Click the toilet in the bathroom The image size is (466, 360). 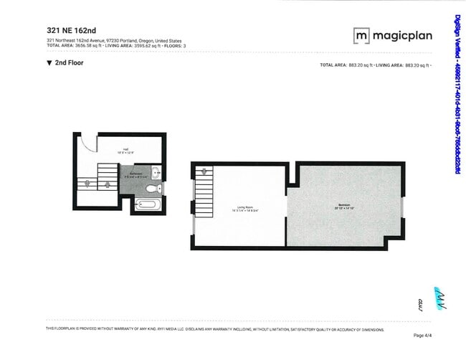tap(151, 189)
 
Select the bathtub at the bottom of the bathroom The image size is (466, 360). tap(149, 205)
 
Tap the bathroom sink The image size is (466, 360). tap(156, 173)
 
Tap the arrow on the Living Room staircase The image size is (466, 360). tap(205, 172)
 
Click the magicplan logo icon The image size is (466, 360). tap(361, 35)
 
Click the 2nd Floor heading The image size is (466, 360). tap(70, 63)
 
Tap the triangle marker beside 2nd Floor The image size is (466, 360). tap(49, 63)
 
